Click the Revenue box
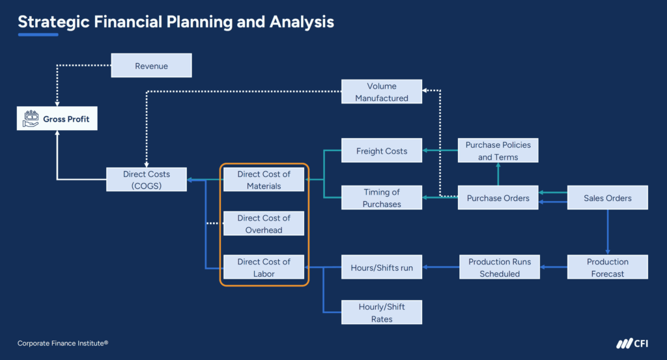151,66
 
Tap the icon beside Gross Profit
30,119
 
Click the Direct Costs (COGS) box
147,180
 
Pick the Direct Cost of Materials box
264,180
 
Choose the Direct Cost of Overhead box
264,223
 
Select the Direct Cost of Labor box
264,268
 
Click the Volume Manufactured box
382,92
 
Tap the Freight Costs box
382,151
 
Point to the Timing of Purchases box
382,198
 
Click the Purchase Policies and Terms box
498,151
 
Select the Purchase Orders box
498,198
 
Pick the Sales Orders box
608,198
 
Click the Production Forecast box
608,268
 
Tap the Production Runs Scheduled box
500,268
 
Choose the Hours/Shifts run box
382,268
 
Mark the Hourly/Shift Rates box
382,312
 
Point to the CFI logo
631,344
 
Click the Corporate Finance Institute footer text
63,343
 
